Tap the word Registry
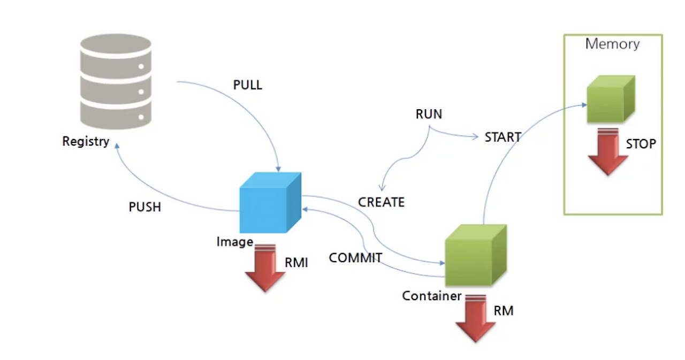point(86,142)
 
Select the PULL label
point(248,85)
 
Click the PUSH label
point(144,207)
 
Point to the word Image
point(234,242)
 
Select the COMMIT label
point(355,258)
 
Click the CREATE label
point(381,202)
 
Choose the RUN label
point(429,114)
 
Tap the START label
point(503,137)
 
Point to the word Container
point(431,296)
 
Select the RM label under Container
point(503,310)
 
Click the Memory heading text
point(612,44)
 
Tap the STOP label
point(641,144)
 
